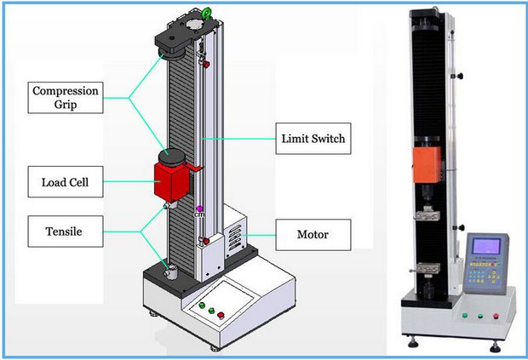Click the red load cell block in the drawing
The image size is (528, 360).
coord(173,181)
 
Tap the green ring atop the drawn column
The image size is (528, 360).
coord(206,12)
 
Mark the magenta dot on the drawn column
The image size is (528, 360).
coord(198,209)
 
